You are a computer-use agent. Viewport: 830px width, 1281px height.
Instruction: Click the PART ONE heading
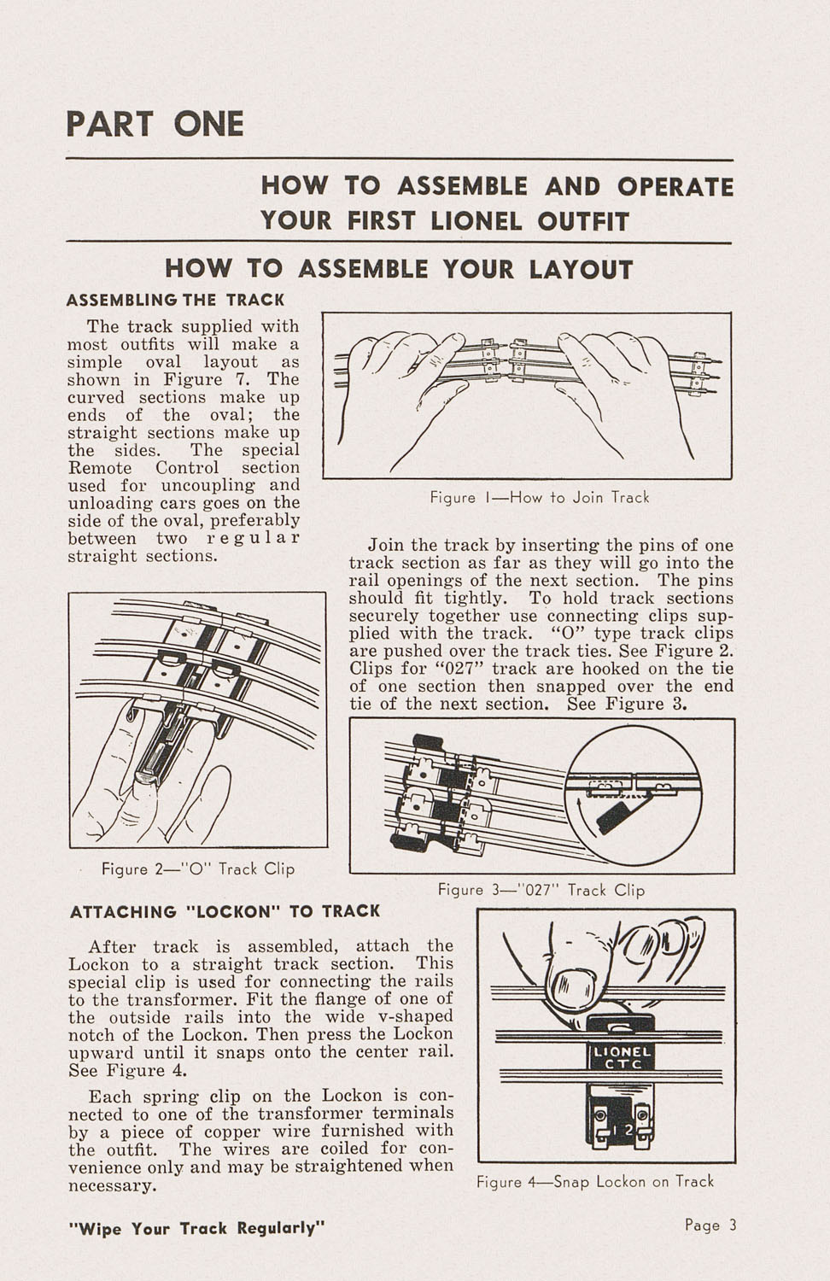point(155,124)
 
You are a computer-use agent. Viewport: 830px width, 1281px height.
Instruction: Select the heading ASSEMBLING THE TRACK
point(175,300)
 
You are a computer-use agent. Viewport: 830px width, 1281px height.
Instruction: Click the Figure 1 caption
point(539,497)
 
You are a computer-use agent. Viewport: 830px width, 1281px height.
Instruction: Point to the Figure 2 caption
point(197,869)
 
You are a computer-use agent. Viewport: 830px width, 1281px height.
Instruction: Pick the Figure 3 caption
point(541,890)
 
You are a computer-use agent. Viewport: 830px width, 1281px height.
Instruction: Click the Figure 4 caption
point(594,1181)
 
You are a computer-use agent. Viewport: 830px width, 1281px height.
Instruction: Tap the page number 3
point(732,1225)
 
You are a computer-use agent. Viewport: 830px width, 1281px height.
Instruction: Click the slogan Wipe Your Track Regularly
point(196,1229)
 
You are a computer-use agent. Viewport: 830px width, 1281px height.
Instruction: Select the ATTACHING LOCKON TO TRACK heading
point(225,911)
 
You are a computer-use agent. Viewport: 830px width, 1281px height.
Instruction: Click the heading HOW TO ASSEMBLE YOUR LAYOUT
point(399,269)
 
